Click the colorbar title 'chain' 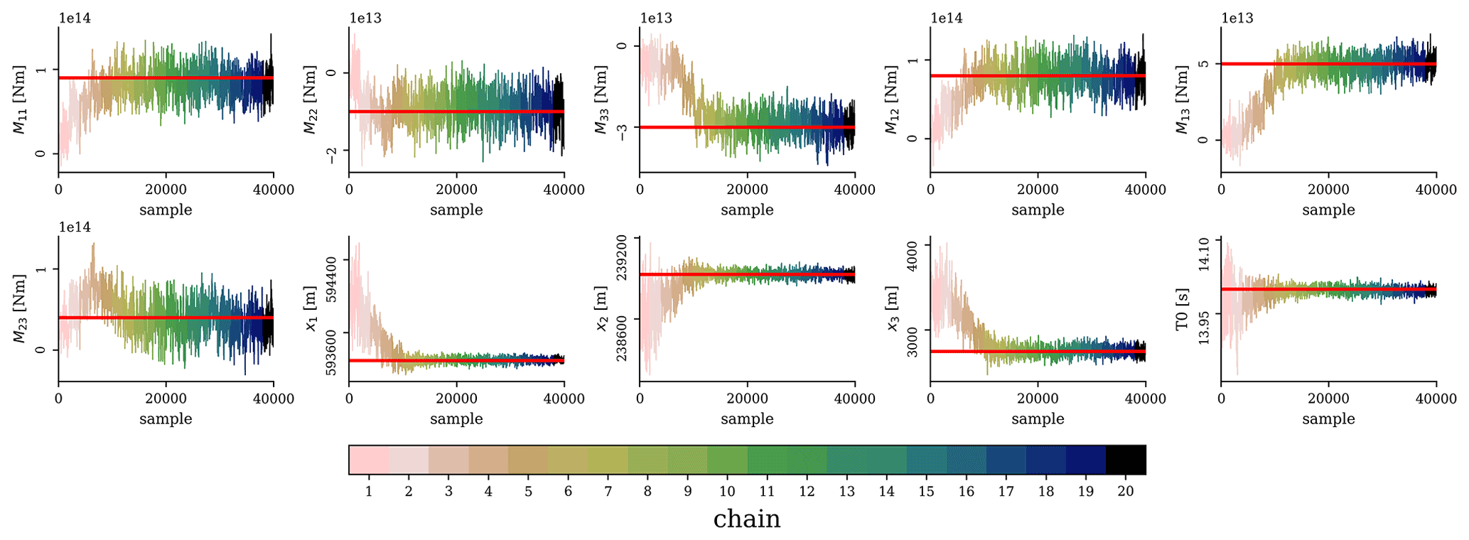click(746, 519)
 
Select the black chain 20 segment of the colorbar click(1126, 460)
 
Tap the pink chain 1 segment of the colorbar click(369, 460)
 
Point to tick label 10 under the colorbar click(726, 491)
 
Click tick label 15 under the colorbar click(926, 491)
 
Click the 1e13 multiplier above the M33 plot click(656, 18)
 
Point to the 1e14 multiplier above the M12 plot click(947, 18)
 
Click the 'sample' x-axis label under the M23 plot click(166, 419)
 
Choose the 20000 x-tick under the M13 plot click(1328, 190)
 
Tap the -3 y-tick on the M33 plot click(622, 132)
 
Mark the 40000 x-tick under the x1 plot click(564, 399)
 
